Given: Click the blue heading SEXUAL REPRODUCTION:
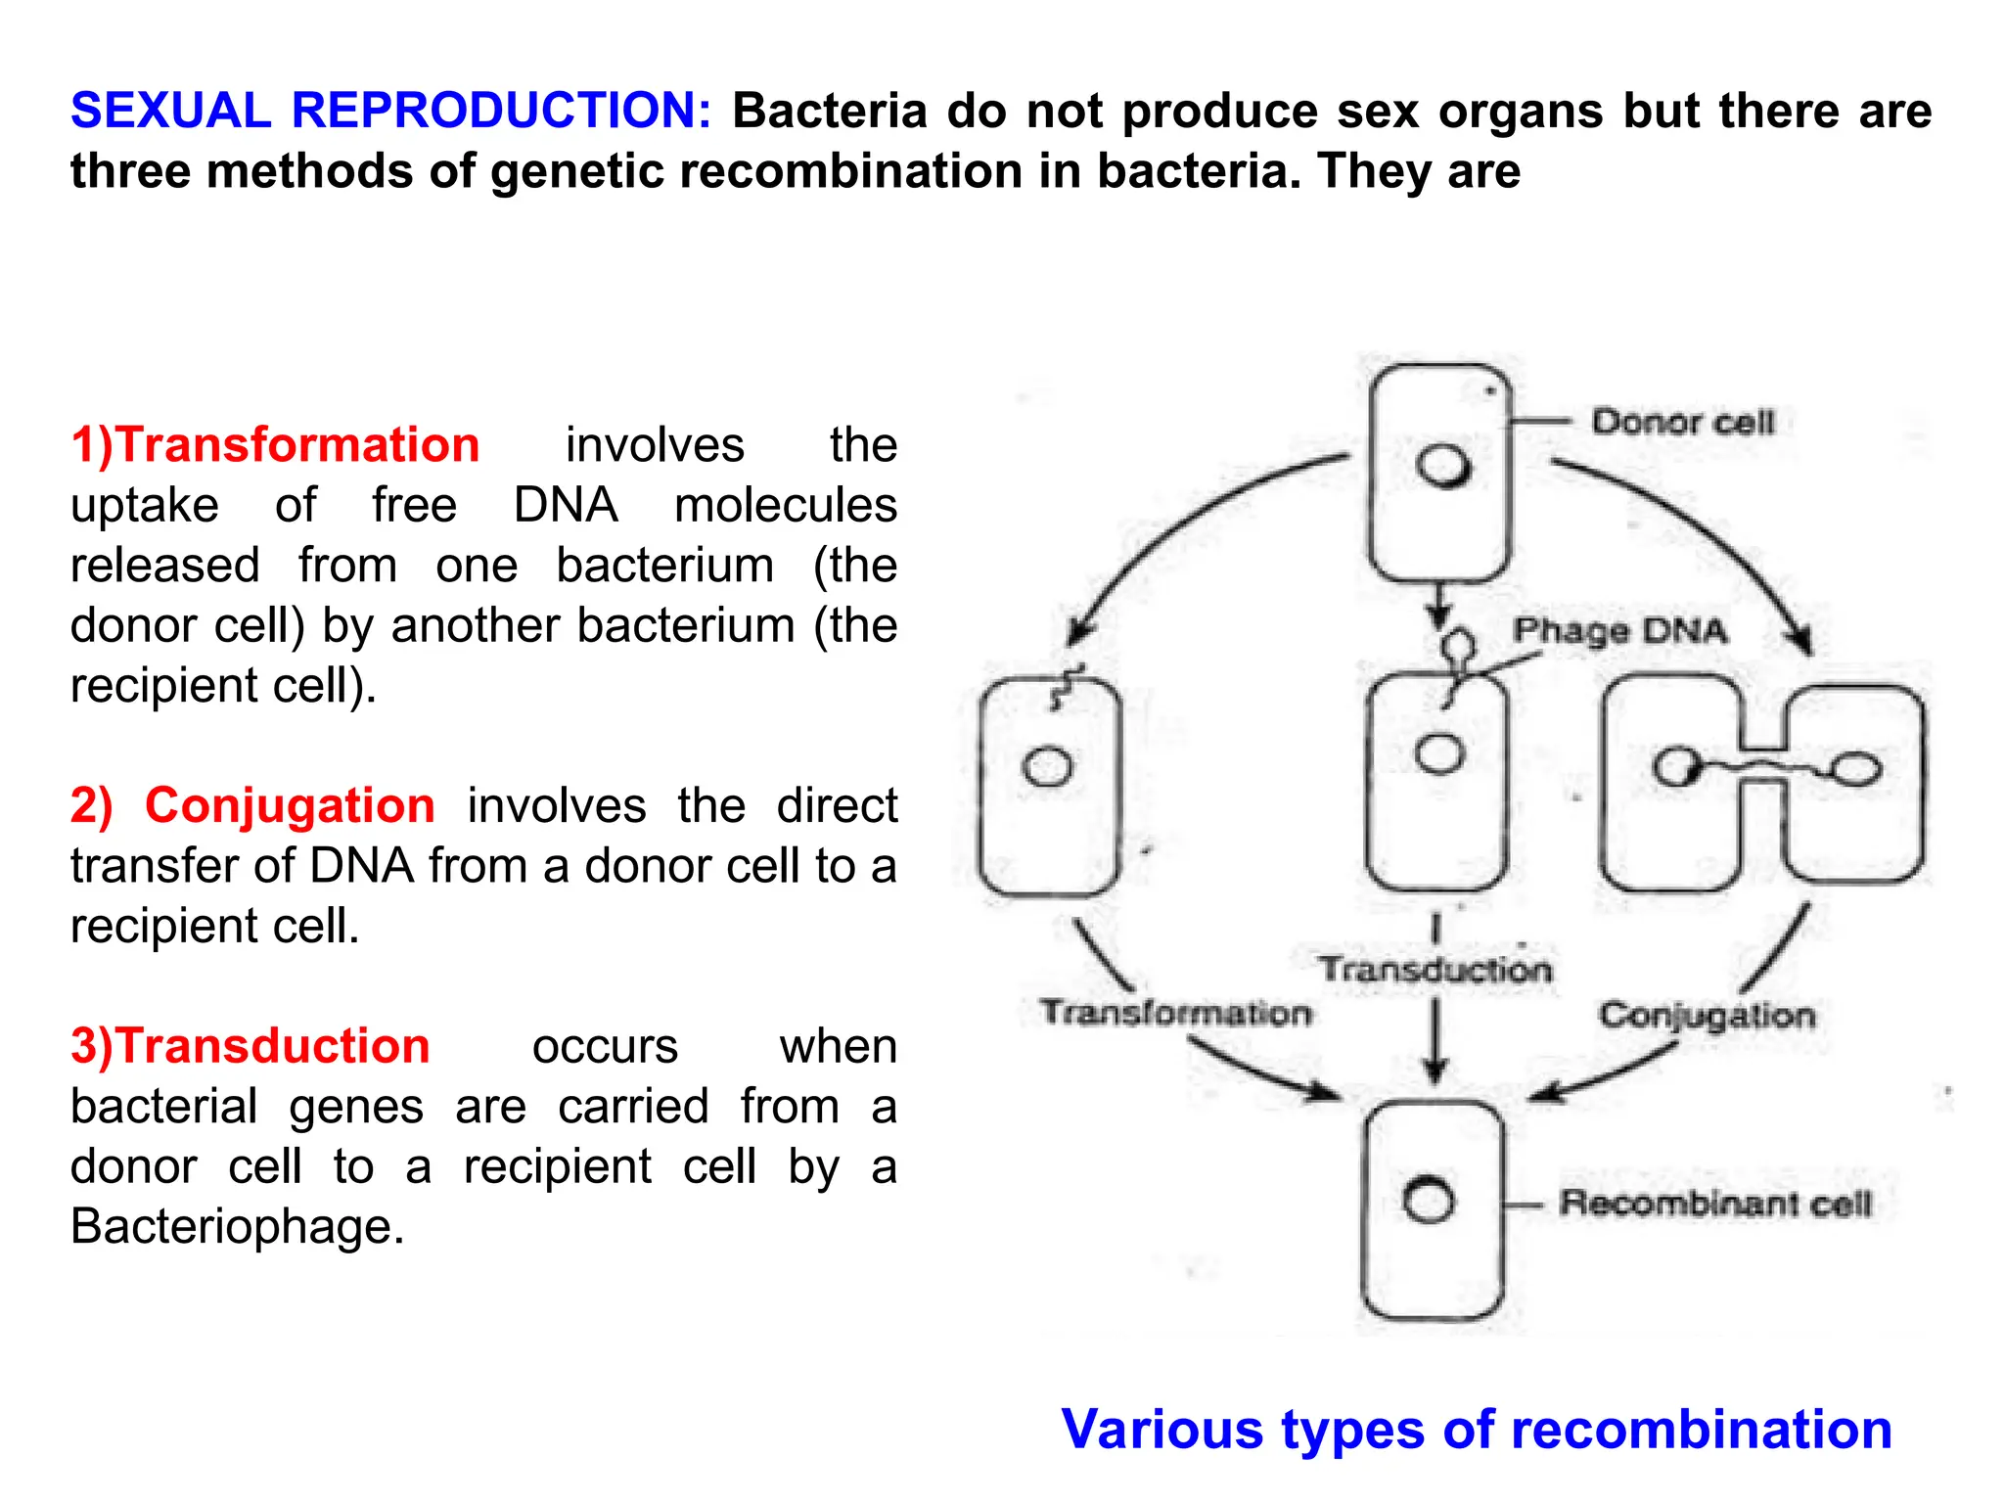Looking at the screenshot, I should (x=389, y=110).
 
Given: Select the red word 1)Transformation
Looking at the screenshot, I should (x=275, y=445).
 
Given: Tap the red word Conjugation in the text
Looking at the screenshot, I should (x=290, y=806).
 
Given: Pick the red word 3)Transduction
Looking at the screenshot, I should (x=250, y=1046).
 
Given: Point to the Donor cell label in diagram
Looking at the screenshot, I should (x=1681, y=423).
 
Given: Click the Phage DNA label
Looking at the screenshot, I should (x=1619, y=630).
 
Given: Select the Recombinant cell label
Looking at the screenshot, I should (x=1714, y=1203).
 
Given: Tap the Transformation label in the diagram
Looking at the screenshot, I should (x=1174, y=1013).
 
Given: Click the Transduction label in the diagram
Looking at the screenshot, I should (x=1435, y=970).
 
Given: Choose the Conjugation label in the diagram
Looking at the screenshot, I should (x=1707, y=1016).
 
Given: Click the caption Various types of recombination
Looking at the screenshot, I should (x=1476, y=1430).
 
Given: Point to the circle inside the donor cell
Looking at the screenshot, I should (x=1443, y=467).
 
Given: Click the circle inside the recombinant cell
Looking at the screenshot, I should (x=1428, y=1201).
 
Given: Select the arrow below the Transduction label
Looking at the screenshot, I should (x=1435, y=1042).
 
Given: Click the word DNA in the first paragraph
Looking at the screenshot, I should (x=566, y=506).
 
